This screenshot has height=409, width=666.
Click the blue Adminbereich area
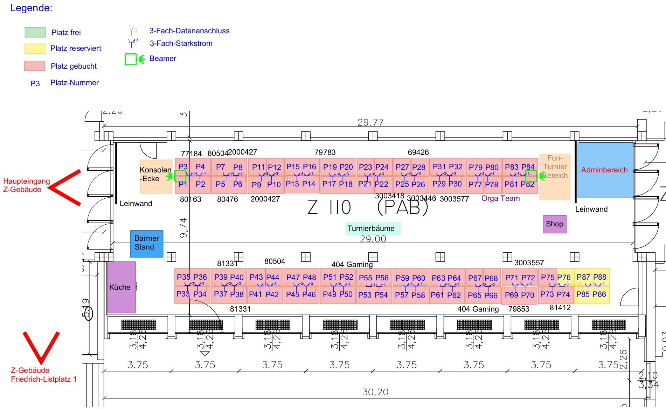(x=605, y=170)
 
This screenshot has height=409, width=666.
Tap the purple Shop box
(x=555, y=224)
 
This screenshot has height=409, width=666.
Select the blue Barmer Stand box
(x=146, y=244)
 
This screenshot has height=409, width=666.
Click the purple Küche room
(x=121, y=287)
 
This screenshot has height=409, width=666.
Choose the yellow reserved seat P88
(x=600, y=277)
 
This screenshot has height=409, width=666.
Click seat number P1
(x=183, y=184)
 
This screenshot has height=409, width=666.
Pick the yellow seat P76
(x=564, y=277)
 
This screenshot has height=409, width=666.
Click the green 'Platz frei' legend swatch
(x=35, y=32)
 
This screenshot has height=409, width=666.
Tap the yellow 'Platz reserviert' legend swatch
(x=35, y=48)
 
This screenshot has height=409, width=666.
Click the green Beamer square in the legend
(x=131, y=59)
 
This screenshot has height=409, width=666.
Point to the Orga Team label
(x=500, y=198)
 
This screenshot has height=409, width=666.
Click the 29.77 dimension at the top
(x=370, y=122)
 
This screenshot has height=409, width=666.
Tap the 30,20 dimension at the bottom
(x=375, y=392)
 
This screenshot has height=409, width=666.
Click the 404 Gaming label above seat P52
(x=352, y=264)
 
